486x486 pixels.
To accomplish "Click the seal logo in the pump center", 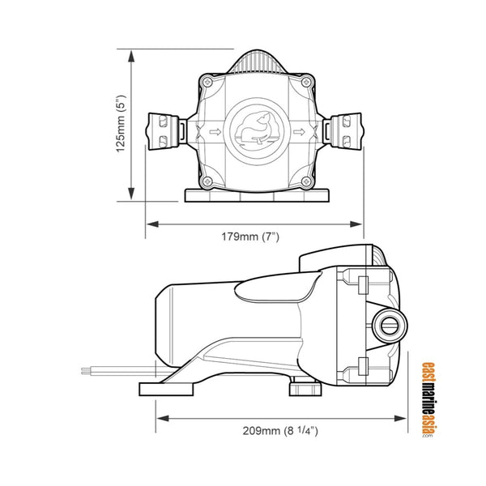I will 254,130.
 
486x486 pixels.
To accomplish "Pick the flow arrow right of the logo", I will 296,130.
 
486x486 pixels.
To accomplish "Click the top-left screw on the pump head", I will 207,82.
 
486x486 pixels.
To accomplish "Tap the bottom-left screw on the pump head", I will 207,180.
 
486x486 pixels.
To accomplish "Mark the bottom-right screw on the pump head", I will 305,180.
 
